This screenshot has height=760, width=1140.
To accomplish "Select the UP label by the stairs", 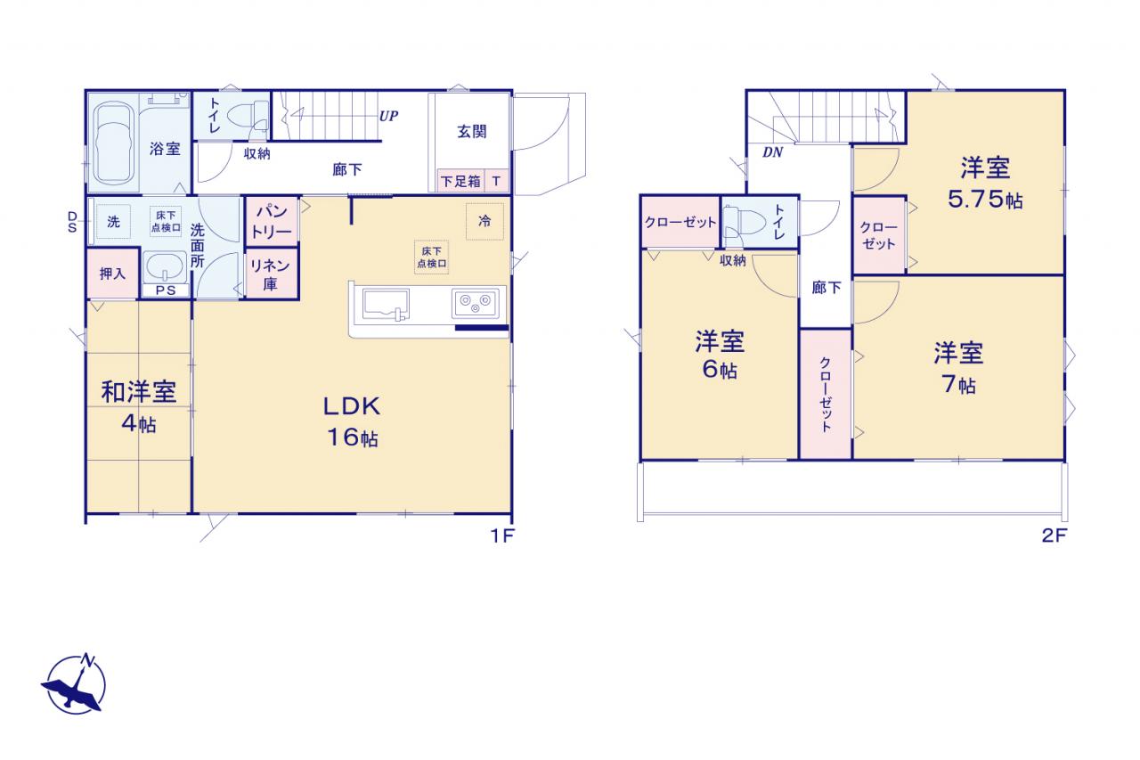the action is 389,116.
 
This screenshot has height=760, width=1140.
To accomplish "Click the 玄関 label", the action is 472,131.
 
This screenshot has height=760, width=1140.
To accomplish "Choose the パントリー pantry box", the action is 272,222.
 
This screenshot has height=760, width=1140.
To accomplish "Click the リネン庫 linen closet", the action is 272,274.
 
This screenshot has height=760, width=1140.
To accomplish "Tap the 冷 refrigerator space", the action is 485,222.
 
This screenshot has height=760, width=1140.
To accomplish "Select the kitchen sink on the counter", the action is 386,304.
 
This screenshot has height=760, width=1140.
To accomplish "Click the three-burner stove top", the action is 476,304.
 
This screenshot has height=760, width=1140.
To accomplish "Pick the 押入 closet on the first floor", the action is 112,274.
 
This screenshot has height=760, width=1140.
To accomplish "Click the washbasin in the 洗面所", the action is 165,266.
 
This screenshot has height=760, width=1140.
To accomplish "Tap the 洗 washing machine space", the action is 113,222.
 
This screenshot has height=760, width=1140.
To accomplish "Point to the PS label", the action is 166,290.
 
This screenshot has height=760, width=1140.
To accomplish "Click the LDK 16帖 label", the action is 352,422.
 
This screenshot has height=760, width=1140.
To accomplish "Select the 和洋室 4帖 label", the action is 139,406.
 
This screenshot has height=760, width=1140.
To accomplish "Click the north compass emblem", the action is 75,683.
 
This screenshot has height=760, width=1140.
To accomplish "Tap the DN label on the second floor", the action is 772,152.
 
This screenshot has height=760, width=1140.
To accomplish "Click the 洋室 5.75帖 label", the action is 985,184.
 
